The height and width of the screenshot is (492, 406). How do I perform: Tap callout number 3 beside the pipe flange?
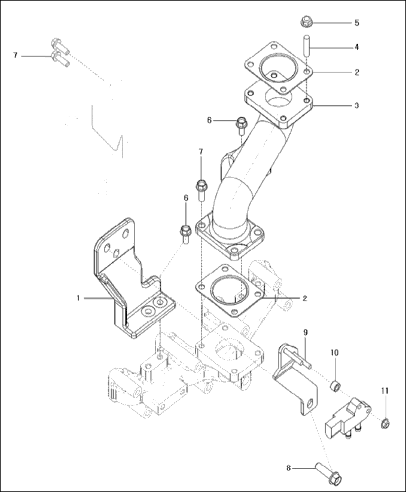point(356,105)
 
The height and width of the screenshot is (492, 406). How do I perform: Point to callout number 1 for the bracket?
point(78,297)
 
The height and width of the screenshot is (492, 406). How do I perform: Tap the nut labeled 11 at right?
point(386,423)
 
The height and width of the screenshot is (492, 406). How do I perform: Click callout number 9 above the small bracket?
point(305,332)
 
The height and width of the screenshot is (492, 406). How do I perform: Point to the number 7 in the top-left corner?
point(16,55)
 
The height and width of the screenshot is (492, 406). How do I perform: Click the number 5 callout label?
point(356,23)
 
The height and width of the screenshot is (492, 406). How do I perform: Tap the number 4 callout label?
point(356,46)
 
